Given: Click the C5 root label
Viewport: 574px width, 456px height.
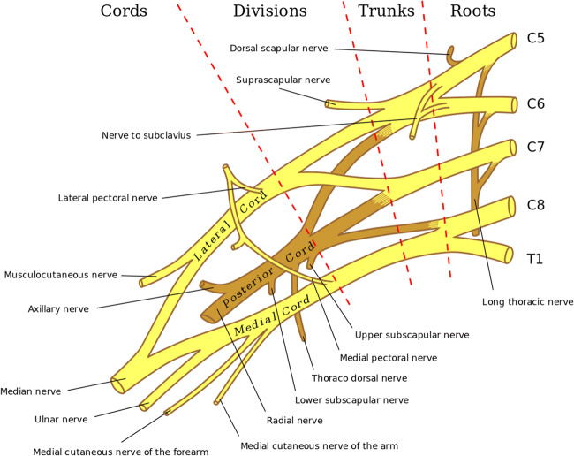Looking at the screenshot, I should pyautogui.click(x=537, y=40).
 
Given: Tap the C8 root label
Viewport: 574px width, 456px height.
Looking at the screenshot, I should pyautogui.click(x=537, y=204).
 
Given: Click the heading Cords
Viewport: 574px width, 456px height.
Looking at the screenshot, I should pyautogui.click(x=124, y=11).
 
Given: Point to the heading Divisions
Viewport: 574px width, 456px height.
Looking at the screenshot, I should pyautogui.click(x=270, y=11).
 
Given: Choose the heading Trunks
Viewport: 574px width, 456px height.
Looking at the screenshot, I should pyautogui.click(x=387, y=11).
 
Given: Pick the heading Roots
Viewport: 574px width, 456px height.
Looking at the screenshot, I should pyautogui.click(x=473, y=11).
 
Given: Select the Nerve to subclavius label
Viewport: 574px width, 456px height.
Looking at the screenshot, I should pyautogui.click(x=146, y=135).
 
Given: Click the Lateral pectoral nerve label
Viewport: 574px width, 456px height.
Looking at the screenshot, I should pyautogui.click(x=108, y=199).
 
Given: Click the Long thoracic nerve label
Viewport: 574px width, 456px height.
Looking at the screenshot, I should pyautogui.click(x=528, y=301).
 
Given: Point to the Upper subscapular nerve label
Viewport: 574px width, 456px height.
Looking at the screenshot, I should pyautogui.click(x=411, y=335).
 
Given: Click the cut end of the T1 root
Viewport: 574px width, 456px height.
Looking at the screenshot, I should pyautogui.click(x=507, y=254).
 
